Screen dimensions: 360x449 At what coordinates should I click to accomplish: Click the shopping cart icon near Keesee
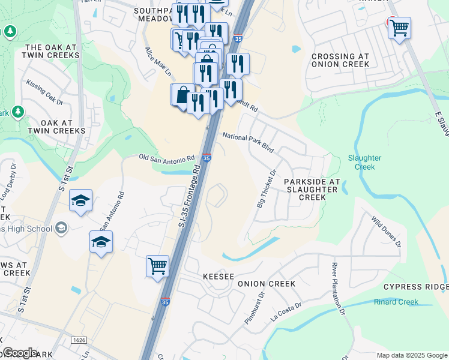pos(157,265)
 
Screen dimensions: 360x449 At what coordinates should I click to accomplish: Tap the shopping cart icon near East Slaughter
pos(399,27)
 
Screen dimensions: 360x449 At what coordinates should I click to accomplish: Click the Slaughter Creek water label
pos(365,163)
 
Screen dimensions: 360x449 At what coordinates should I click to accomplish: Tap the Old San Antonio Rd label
pos(167,158)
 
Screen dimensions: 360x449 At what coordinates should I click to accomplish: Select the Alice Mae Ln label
pos(151,62)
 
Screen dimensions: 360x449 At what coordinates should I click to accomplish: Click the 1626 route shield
pos(79,340)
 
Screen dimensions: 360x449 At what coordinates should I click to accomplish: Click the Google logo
pos(20,353)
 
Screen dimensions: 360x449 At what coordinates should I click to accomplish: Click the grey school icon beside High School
pos(61,227)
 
